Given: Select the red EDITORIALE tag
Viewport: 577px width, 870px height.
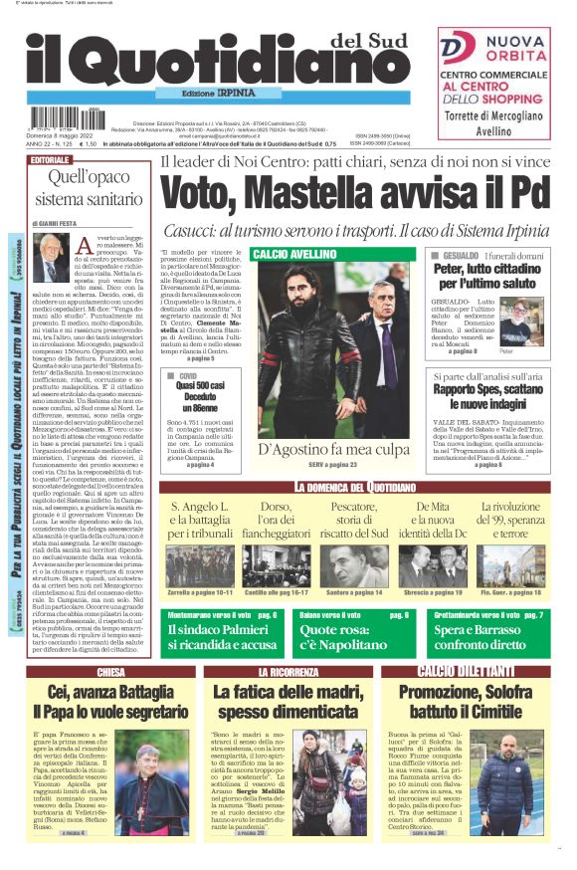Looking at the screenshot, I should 51,159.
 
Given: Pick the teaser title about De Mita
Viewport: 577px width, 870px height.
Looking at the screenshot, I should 433,523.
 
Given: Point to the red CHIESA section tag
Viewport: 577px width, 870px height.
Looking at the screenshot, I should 111,672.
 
